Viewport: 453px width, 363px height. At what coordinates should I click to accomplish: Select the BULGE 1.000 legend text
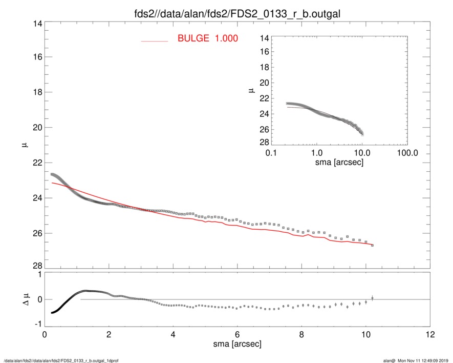coord(207,38)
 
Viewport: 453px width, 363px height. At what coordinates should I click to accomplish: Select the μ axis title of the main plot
coord(24,145)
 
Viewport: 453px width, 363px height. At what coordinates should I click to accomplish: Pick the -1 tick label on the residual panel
coord(36,325)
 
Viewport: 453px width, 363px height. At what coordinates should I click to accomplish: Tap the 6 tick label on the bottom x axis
coord(237,335)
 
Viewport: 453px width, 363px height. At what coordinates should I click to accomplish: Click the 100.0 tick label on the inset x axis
coord(407,153)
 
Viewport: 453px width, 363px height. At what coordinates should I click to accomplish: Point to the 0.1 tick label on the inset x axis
coord(271,153)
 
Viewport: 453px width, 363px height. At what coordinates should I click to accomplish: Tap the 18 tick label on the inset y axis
coord(264,68)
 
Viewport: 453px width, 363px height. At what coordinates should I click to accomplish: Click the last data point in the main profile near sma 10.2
coord(372,245)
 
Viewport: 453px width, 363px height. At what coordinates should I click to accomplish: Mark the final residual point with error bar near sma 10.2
coord(372,297)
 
